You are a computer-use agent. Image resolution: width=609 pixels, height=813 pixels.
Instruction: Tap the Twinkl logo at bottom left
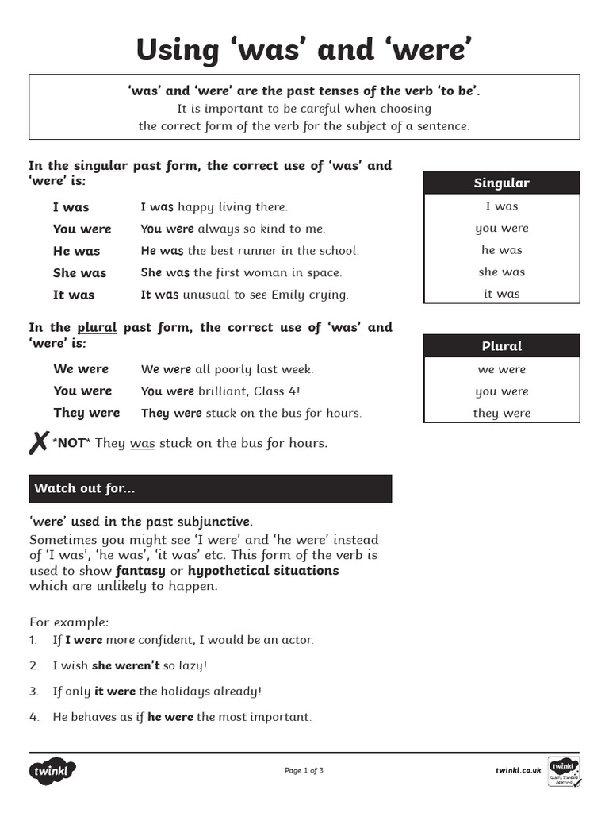(x=52, y=770)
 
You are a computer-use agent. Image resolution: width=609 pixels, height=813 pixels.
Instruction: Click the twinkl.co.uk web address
(x=518, y=770)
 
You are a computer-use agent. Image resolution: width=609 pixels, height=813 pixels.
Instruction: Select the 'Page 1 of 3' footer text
(x=304, y=770)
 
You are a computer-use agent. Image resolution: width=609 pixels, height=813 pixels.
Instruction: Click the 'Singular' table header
(x=501, y=183)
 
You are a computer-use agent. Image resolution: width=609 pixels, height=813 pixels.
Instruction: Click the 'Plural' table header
(x=501, y=346)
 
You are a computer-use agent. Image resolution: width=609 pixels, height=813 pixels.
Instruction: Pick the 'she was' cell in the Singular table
(x=501, y=272)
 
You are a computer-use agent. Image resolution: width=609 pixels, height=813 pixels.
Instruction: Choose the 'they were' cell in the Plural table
(x=501, y=413)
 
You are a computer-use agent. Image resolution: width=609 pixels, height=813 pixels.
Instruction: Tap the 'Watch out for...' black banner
(x=210, y=488)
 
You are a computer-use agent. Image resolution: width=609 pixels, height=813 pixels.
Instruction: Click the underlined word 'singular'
(x=101, y=166)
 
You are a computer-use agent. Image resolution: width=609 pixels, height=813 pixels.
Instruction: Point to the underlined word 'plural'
(x=97, y=327)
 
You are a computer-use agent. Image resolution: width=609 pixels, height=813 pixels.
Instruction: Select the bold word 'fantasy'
(x=140, y=571)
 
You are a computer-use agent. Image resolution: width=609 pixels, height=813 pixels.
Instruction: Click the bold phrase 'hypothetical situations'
(x=263, y=571)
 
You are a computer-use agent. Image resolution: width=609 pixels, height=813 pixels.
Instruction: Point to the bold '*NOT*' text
(x=70, y=443)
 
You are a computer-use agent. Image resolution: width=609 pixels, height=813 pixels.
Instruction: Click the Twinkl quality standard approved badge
(x=564, y=771)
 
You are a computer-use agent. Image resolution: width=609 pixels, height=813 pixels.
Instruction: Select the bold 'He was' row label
(x=76, y=251)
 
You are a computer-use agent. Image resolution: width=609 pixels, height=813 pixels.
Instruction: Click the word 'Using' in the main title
(x=176, y=49)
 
